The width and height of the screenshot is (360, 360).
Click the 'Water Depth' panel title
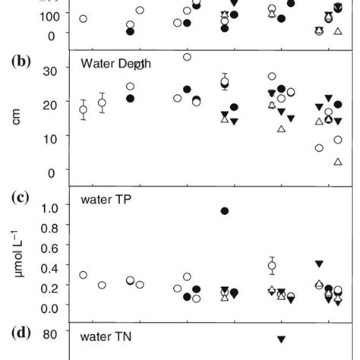point(115,63)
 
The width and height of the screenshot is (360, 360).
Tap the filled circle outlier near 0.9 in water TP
point(225,210)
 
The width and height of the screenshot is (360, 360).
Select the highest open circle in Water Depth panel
point(187,57)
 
